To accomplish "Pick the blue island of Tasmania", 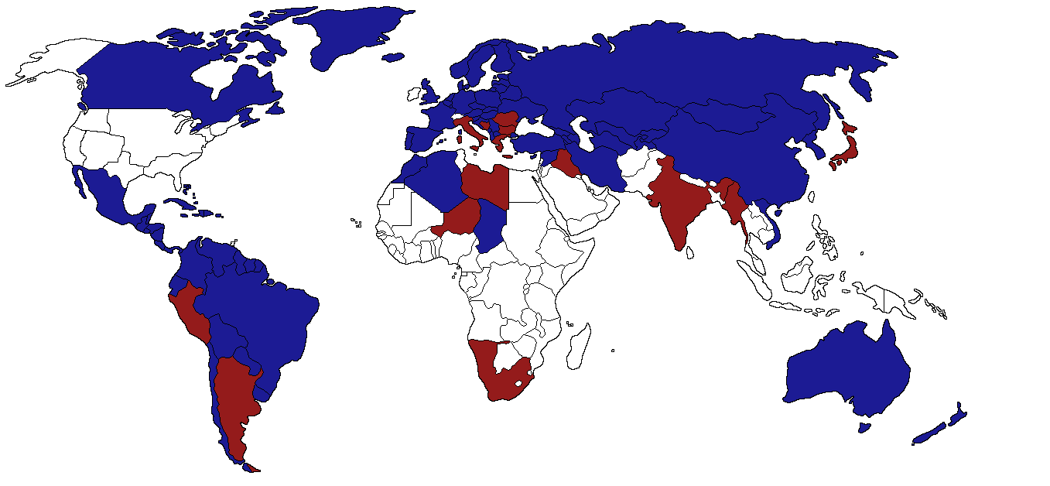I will pyautogui.click(x=864, y=427).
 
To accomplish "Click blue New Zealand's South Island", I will pyautogui.click(x=929, y=433).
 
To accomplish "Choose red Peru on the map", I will pyautogui.click(x=190, y=313).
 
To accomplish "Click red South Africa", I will pyautogui.click(x=507, y=383).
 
